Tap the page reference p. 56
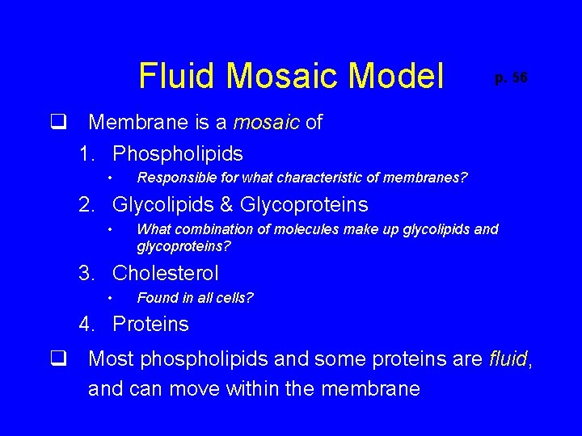coord(511,78)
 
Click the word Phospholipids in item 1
coord(178,153)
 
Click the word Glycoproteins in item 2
coord(304,204)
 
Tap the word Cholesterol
coord(166,273)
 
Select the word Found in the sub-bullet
coord(154,298)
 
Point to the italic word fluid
coord(508,358)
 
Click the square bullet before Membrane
coord(57,123)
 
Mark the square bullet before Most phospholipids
coord(57,358)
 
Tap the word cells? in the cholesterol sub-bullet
coord(234,298)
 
